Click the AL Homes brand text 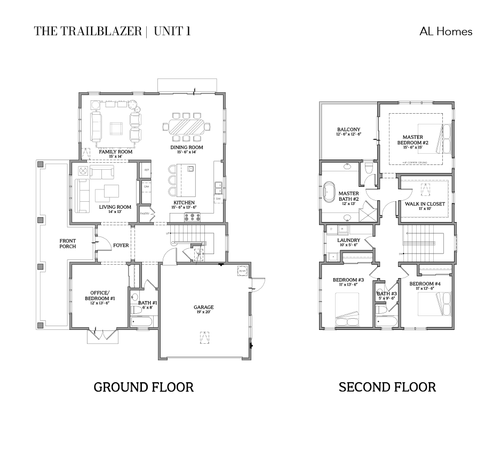coord(446,31)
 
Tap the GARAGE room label coord(203,307)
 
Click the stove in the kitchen coord(192,217)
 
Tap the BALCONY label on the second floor coord(348,130)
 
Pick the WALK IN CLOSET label coord(425,204)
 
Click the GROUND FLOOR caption coord(144,387)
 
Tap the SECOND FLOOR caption coord(387,387)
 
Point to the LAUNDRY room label coord(348,240)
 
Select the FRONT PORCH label coord(68,243)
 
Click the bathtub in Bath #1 coord(142,321)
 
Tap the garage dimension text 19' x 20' coord(203,313)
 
